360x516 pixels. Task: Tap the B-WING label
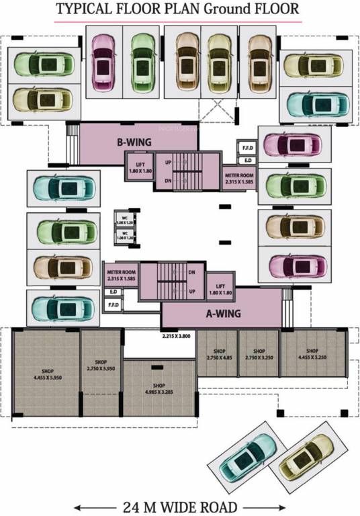[x=134, y=142]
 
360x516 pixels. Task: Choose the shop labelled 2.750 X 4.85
[x=218, y=354]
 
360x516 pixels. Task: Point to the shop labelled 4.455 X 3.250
[x=312, y=354]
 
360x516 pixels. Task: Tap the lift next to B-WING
[x=140, y=169]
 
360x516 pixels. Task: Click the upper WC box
[x=124, y=220]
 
